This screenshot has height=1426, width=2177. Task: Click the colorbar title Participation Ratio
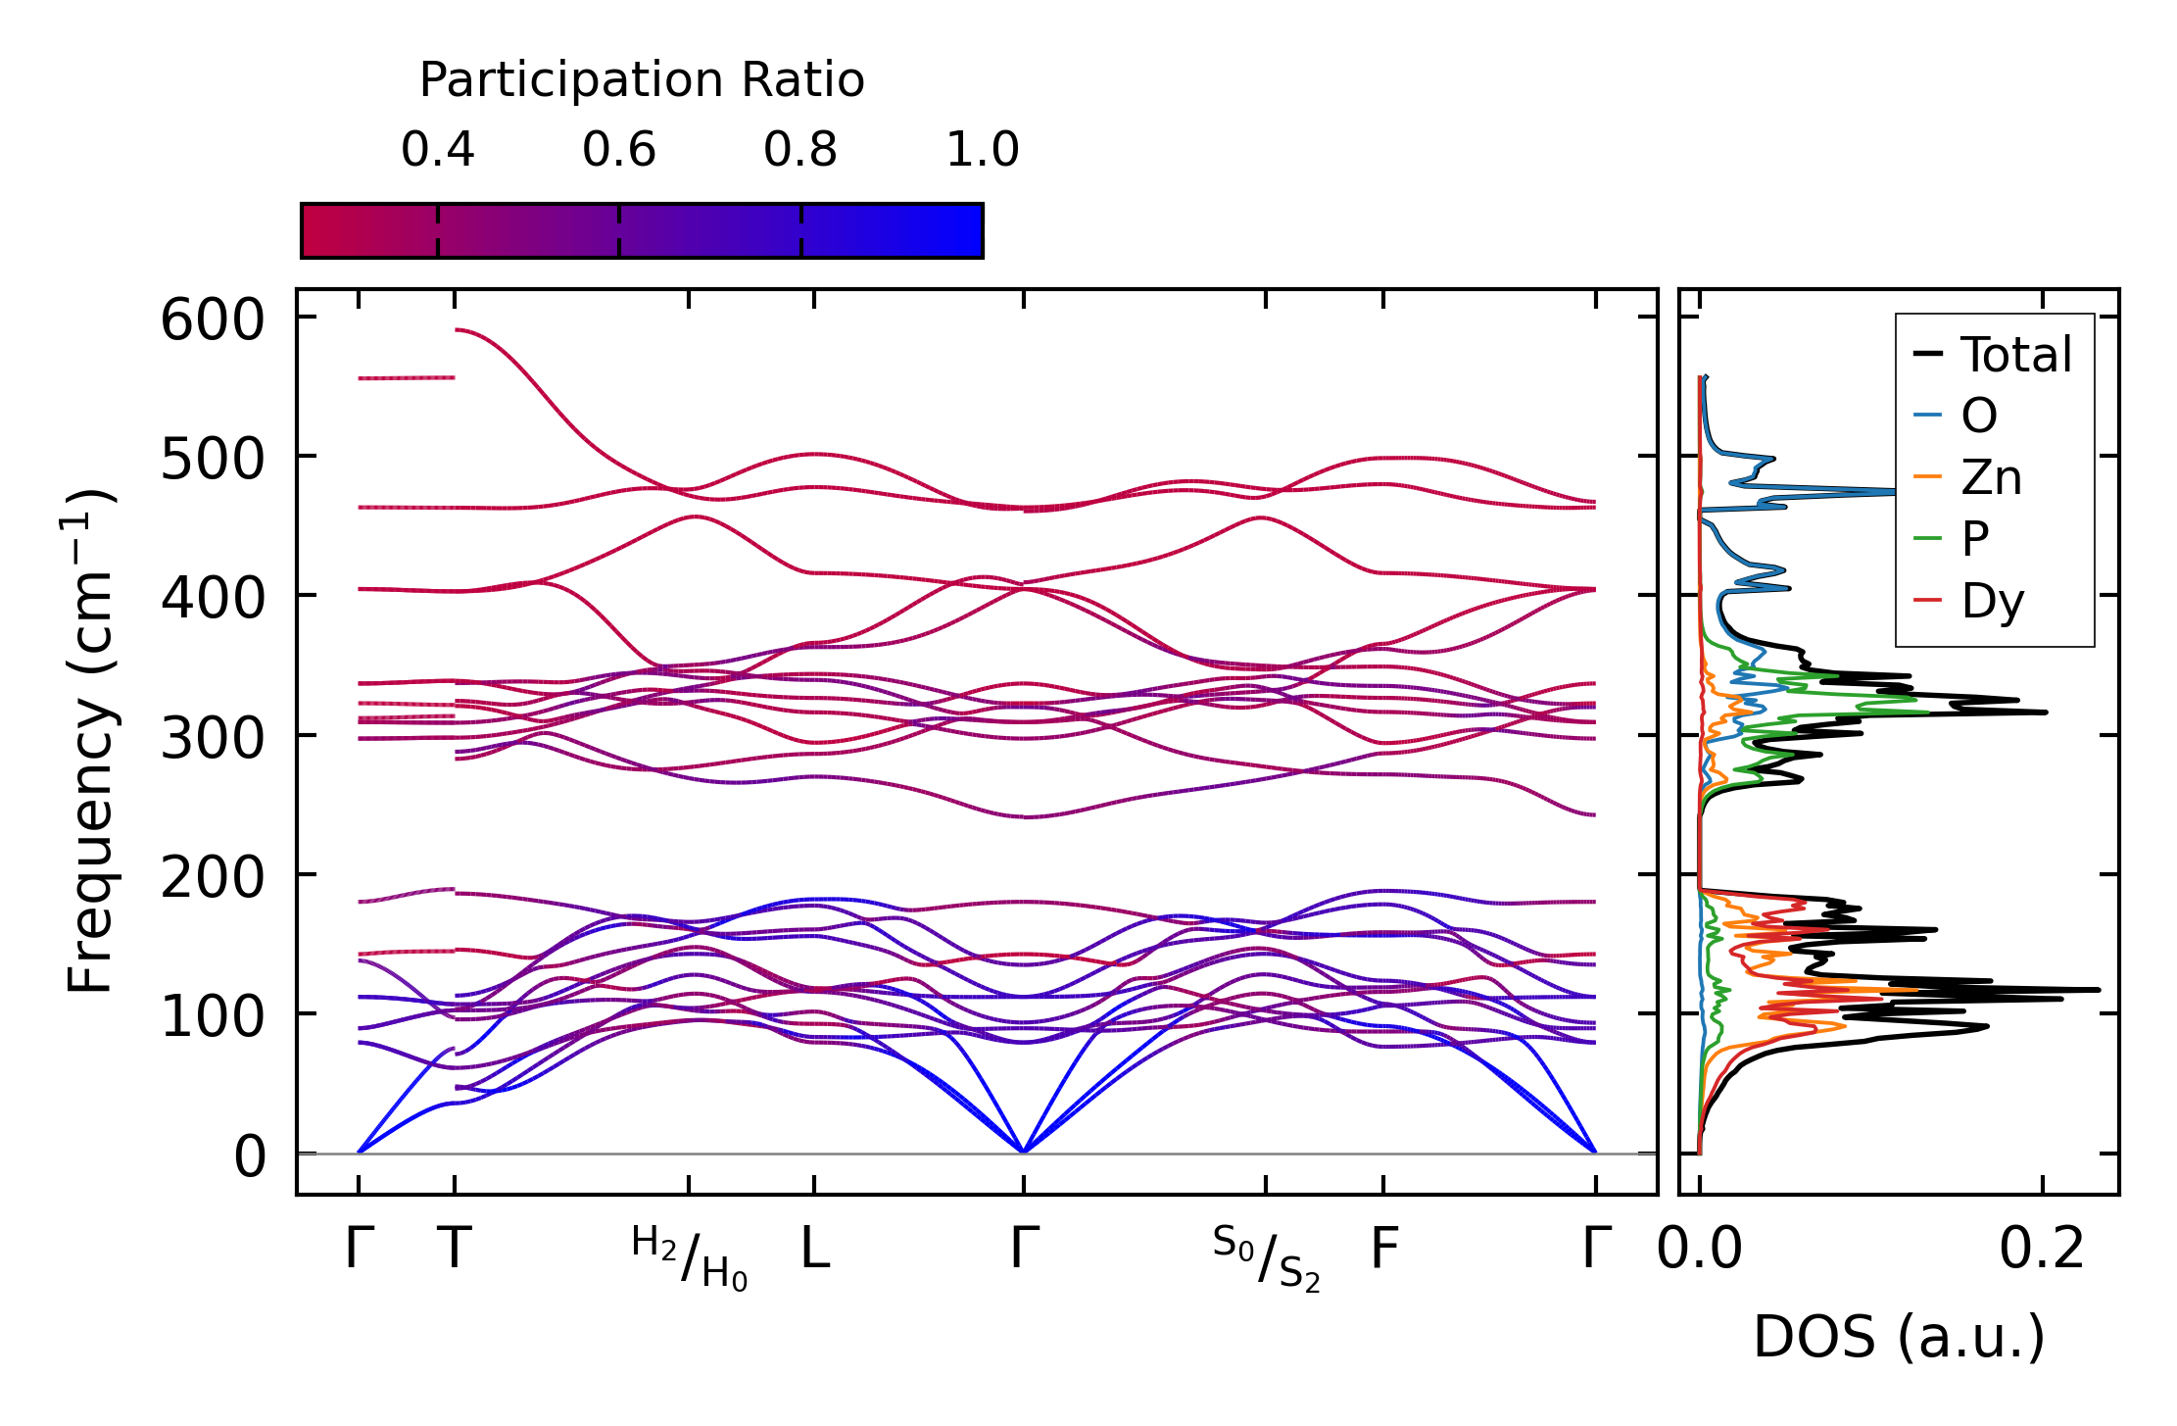pyautogui.click(x=642, y=80)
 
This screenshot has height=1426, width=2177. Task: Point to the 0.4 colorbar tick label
pyautogui.click(x=437, y=150)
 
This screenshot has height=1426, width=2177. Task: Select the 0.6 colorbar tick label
pyautogui.click(x=618, y=150)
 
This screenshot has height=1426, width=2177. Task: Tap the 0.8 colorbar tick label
pyautogui.click(x=800, y=150)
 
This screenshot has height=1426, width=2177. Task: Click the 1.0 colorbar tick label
pyautogui.click(x=982, y=150)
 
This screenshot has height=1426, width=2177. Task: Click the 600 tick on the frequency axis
pyautogui.click(x=213, y=320)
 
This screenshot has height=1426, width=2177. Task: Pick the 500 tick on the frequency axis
pyautogui.click(x=213, y=459)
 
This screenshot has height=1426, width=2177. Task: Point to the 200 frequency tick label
pyautogui.click(x=213, y=877)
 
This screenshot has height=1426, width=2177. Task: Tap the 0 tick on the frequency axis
pyautogui.click(x=250, y=1156)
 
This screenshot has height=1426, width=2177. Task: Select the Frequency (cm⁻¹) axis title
pyautogui.click(x=91, y=741)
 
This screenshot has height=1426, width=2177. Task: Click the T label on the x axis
pyautogui.click(x=455, y=1250)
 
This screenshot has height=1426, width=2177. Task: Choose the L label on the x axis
pyautogui.click(x=815, y=1250)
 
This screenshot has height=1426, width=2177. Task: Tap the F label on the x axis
pyautogui.click(x=1383, y=1250)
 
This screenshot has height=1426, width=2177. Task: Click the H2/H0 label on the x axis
pyautogui.click(x=690, y=1257)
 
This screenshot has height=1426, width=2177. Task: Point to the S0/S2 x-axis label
pyautogui.click(x=1266, y=1257)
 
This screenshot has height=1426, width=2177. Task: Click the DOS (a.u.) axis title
pyautogui.click(x=1899, y=1337)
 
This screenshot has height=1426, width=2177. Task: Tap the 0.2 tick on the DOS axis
pyautogui.click(x=2042, y=1250)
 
